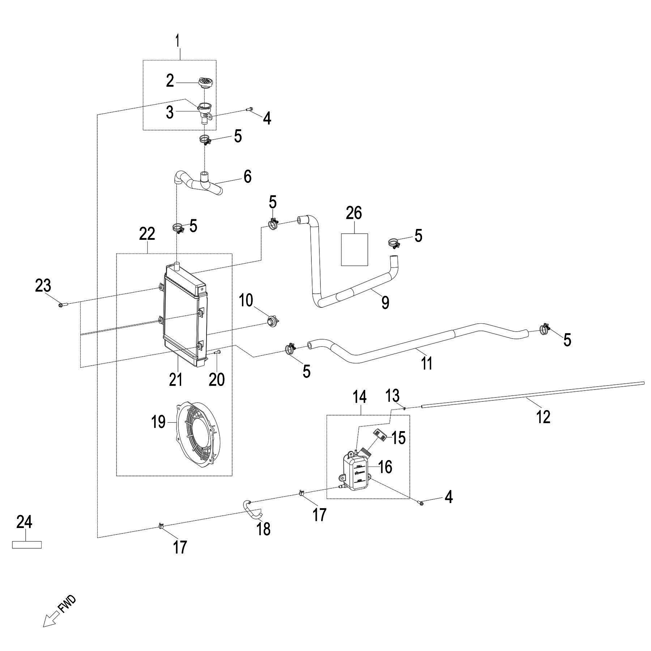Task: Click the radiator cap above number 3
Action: [205, 82]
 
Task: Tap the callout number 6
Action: [247, 177]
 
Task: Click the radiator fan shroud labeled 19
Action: [197, 433]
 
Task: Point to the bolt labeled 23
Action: [60, 305]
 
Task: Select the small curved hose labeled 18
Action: [252, 509]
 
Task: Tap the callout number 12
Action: [544, 417]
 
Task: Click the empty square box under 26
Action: [354, 250]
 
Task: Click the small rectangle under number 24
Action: [27, 544]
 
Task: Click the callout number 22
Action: [147, 234]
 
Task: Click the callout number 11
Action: [427, 363]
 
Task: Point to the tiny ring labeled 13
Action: [404, 409]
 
